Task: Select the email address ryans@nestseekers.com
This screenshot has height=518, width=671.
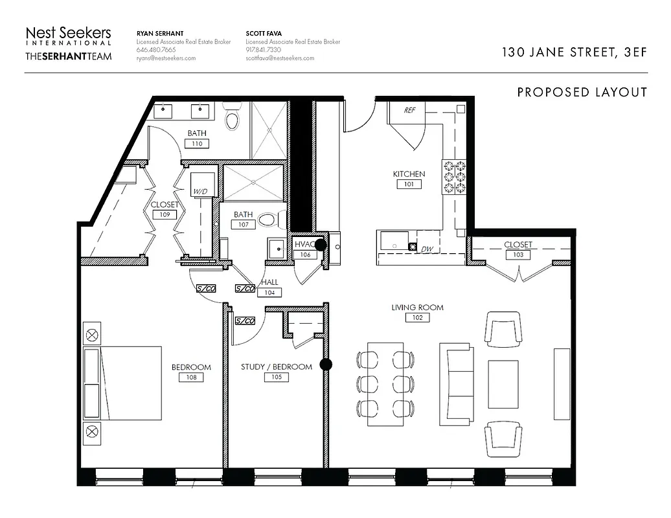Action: (166, 58)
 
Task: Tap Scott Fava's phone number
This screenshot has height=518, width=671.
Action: (263, 50)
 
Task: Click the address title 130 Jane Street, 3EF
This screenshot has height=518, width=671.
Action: (574, 53)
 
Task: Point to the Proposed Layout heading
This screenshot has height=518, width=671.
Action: (582, 93)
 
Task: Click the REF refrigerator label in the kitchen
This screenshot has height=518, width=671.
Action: (409, 110)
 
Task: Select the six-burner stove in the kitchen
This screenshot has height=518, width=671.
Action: (454, 177)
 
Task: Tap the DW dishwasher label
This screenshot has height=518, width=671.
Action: (427, 249)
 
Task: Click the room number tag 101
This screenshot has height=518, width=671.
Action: (409, 185)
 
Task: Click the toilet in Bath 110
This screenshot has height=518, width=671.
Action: (231, 118)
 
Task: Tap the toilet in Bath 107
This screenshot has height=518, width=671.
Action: (267, 220)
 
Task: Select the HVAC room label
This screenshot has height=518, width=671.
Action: (304, 244)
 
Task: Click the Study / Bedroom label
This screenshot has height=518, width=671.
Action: (276, 366)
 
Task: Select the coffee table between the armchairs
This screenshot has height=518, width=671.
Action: (503, 383)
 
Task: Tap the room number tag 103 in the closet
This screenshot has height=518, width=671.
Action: (517, 255)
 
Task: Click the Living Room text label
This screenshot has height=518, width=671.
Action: (417, 308)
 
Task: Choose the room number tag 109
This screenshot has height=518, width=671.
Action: (165, 214)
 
